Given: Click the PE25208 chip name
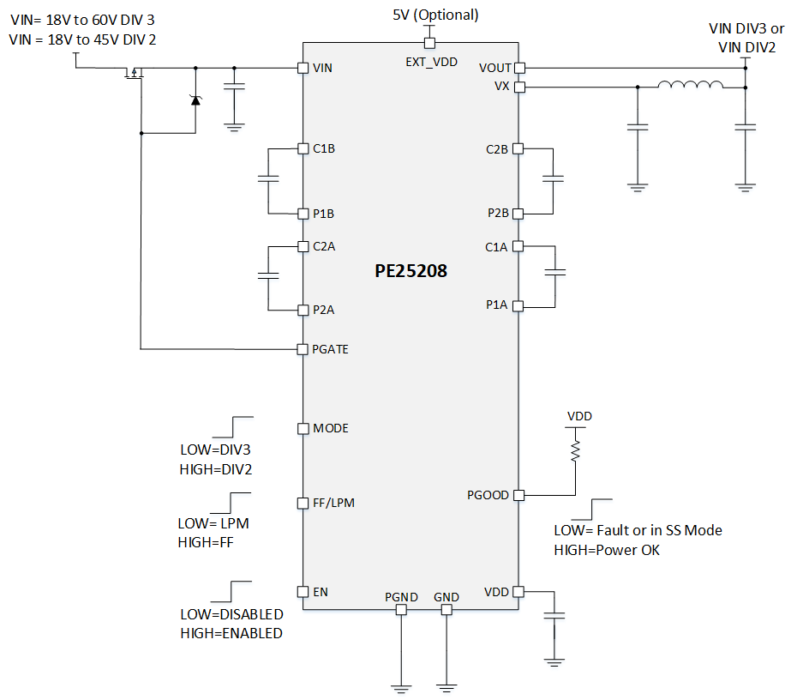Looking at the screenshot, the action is click(x=410, y=270).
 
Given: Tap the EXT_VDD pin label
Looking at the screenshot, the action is click(x=432, y=62).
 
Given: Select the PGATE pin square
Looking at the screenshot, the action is click(x=303, y=349).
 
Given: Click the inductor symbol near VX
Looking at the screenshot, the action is click(x=690, y=84).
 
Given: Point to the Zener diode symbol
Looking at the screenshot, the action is click(x=195, y=100).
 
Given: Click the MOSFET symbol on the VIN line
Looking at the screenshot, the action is click(x=135, y=72).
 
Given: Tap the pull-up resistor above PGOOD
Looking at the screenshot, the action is click(x=575, y=451).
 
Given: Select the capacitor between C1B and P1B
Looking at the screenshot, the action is click(x=268, y=178).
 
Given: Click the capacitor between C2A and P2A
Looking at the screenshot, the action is click(x=268, y=275).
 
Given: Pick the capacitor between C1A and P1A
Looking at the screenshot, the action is click(x=555, y=272).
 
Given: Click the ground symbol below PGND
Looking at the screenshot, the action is click(x=401, y=690).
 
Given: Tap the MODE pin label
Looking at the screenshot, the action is click(x=331, y=428).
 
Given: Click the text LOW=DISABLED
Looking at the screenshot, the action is click(x=231, y=614).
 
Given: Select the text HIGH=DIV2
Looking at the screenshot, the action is click(x=216, y=469).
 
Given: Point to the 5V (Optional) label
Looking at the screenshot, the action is click(x=435, y=15).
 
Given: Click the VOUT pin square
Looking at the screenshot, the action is click(x=519, y=68).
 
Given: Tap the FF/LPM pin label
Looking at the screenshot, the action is click(x=334, y=503).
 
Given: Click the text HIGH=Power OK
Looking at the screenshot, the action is click(x=607, y=550).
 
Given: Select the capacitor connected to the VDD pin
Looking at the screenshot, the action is click(x=554, y=616).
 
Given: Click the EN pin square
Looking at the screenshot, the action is click(x=303, y=592).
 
